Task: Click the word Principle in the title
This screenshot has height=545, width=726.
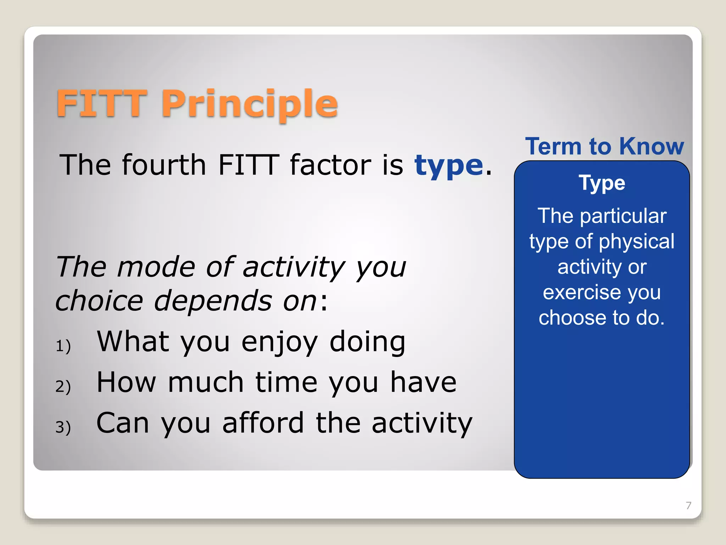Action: click(250, 104)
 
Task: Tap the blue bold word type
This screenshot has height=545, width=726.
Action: click(449, 166)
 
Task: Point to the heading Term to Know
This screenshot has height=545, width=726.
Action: click(604, 146)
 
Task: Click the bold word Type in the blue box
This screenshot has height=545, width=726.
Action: click(602, 183)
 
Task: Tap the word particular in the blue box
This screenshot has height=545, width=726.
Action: click(623, 216)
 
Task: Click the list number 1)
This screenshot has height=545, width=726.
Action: click(63, 346)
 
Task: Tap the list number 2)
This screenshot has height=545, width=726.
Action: click(63, 386)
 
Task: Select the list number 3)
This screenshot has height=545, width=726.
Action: click(63, 427)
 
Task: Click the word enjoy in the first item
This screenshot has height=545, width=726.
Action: click(279, 342)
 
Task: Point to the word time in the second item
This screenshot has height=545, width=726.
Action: click(286, 382)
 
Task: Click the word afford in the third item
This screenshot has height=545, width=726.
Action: click(263, 423)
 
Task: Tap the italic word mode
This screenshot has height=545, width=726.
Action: click(156, 267)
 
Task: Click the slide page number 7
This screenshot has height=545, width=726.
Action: click(688, 506)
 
